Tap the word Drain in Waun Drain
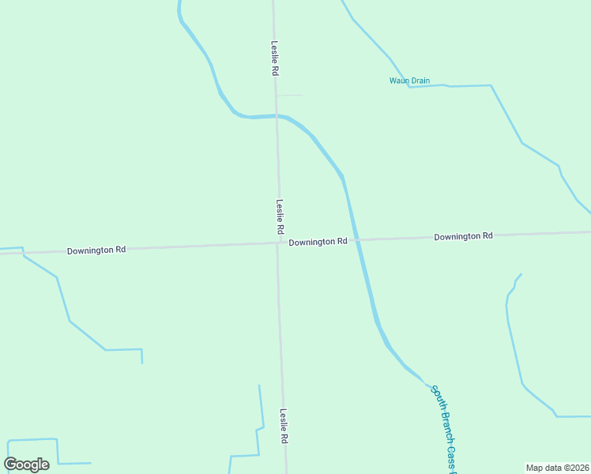(x=420, y=81)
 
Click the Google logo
(x=27, y=464)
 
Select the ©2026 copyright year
(x=576, y=468)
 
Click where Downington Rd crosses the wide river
(x=355, y=239)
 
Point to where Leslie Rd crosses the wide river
(x=277, y=115)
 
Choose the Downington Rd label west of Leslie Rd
(x=96, y=250)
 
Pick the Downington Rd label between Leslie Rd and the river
(x=318, y=242)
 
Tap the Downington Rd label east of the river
(x=463, y=236)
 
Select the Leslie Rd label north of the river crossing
(x=274, y=58)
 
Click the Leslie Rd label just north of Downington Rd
(x=279, y=216)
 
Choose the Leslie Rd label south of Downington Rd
(x=283, y=427)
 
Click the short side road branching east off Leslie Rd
(x=290, y=96)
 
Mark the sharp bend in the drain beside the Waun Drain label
(x=408, y=85)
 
